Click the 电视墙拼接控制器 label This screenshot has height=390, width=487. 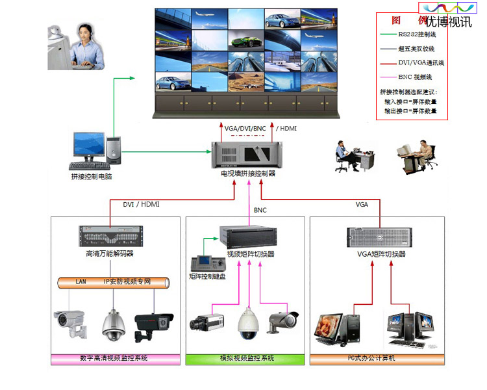pos(249,174)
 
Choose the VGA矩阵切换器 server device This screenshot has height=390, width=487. pos(382,237)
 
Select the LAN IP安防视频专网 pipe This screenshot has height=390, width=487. pos(114,282)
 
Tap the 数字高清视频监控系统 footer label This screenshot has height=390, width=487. pos(114,359)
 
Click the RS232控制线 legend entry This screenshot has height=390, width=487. pos(418,34)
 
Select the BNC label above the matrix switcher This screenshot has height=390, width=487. pos(260,210)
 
